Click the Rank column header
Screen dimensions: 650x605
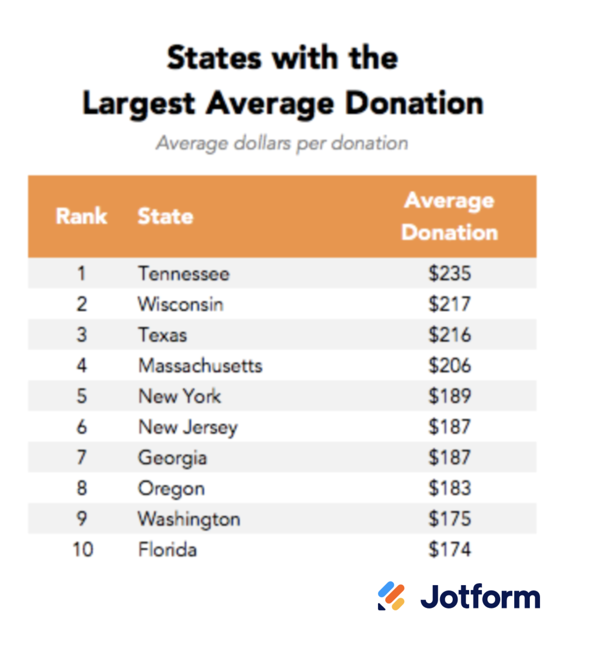[x=81, y=216]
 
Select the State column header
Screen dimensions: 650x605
[x=165, y=216]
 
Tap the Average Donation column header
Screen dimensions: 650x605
[x=450, y=216]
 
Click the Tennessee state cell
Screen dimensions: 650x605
[x=184, y=273]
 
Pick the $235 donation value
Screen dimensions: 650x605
[x=450, y=273]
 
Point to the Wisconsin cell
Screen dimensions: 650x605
[x=181, y=304]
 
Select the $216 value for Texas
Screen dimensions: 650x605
[x=450, y=335]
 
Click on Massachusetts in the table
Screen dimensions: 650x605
[x=200, y=366]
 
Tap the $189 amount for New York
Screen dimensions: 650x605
[x=450, y=396]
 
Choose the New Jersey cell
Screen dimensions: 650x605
[x=188, y=427]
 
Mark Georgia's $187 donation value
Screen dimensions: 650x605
[x=450, y=457]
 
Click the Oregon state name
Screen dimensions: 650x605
[x=171, y=489]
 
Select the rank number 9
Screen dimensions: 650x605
[x=82, y=518]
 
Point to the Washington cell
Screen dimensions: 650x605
[x=189, y=519]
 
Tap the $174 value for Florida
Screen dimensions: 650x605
[x=450, y=549]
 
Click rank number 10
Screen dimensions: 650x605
[x=83, y=549]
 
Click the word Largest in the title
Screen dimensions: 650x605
[x=139, y=103]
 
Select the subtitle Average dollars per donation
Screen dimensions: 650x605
[x=282, y=143]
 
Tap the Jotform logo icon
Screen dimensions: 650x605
[x=391, y=596]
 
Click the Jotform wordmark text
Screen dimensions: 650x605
[x=480, y=596]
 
